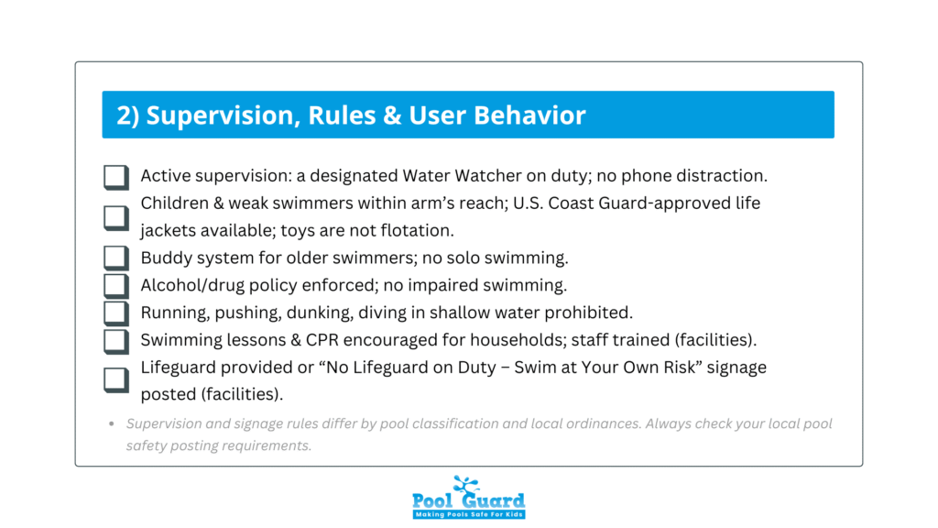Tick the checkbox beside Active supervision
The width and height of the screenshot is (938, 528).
tap(115, 177)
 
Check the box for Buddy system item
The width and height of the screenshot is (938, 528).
tap(115, 258)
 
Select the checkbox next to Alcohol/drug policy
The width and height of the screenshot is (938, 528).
tap(115, 285)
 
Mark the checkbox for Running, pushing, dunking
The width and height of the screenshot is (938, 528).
tap(115, 313)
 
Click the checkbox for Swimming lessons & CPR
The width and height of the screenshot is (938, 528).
tap(115, 341)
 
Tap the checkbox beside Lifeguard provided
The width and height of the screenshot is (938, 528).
tap(115, 379)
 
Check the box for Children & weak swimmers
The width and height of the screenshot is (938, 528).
tap(115, 216)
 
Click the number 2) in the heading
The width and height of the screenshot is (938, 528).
tap(127, 115)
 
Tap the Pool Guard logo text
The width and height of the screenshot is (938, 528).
tap(468, 500)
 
